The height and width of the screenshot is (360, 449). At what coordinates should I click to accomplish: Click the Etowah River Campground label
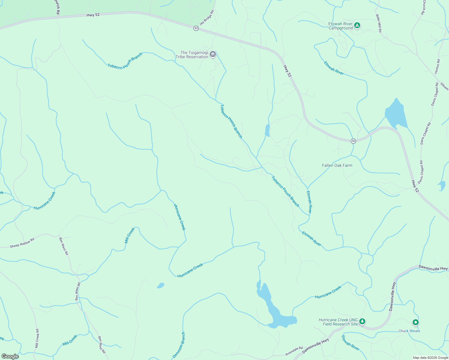pos(341,26)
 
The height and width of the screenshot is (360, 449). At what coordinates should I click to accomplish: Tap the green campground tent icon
pos(357,25)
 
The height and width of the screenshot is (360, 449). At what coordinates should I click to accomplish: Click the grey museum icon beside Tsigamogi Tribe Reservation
pos(213,54)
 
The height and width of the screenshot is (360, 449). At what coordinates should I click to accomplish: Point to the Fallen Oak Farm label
pos(337,165)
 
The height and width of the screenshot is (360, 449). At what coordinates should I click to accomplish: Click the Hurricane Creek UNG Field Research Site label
pos(338,322)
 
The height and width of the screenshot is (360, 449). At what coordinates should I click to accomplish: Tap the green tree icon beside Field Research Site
pos(362,322)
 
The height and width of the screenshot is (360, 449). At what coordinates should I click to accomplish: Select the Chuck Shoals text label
pos(409,331)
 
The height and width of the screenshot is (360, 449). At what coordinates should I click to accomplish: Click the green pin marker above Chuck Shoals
pos(415,322)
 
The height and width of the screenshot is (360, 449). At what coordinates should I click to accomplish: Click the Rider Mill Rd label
pos(378,23)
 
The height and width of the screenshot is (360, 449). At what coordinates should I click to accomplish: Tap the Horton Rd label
pos(438,67)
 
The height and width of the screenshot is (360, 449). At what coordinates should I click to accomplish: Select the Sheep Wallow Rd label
pos(22,243)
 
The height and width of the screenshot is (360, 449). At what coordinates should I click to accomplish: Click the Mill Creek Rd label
pos(37,338)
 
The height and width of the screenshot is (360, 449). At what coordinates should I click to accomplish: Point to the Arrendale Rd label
pos(294,351)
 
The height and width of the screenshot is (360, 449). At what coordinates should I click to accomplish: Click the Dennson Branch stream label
pos(179,345)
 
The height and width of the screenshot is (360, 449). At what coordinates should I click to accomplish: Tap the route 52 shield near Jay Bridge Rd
pos(196,28)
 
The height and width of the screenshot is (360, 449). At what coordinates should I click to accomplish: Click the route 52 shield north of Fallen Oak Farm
pos(354,141)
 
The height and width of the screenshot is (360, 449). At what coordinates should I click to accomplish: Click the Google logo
pos(10,356)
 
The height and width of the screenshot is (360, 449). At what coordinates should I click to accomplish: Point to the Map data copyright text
pos(430,358)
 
